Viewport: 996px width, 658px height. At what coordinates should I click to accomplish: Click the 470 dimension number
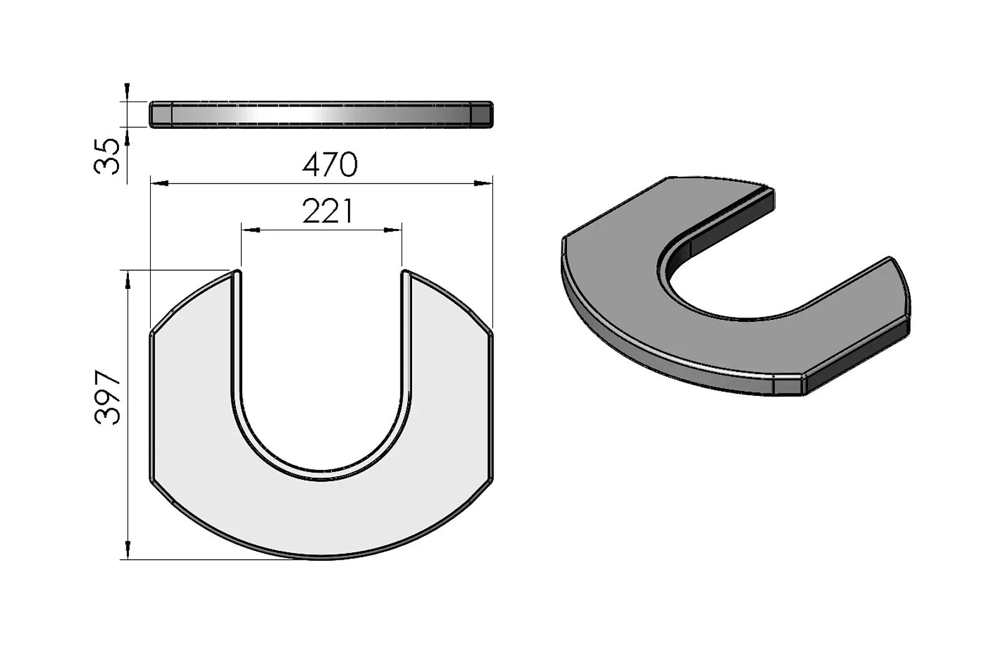click(x=329, y=164)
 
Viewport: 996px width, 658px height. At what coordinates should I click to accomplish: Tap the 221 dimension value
click(x=327, y=211)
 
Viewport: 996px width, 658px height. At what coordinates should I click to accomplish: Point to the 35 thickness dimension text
click(x=106, y=156)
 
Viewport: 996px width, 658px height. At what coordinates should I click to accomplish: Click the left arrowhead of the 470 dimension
click(x=159, y=183)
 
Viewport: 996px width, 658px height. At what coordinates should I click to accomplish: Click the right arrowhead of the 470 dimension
click(x=483, y=183)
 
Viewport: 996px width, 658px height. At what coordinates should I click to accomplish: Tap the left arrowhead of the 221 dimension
click(x=251, y=230)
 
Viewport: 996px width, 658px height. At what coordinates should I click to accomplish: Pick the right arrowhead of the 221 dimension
click(x=393, y=230)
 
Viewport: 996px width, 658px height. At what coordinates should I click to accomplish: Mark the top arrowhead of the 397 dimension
click(x=128, y=280)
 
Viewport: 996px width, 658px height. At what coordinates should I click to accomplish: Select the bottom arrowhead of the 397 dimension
click(x=128, y=550)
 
